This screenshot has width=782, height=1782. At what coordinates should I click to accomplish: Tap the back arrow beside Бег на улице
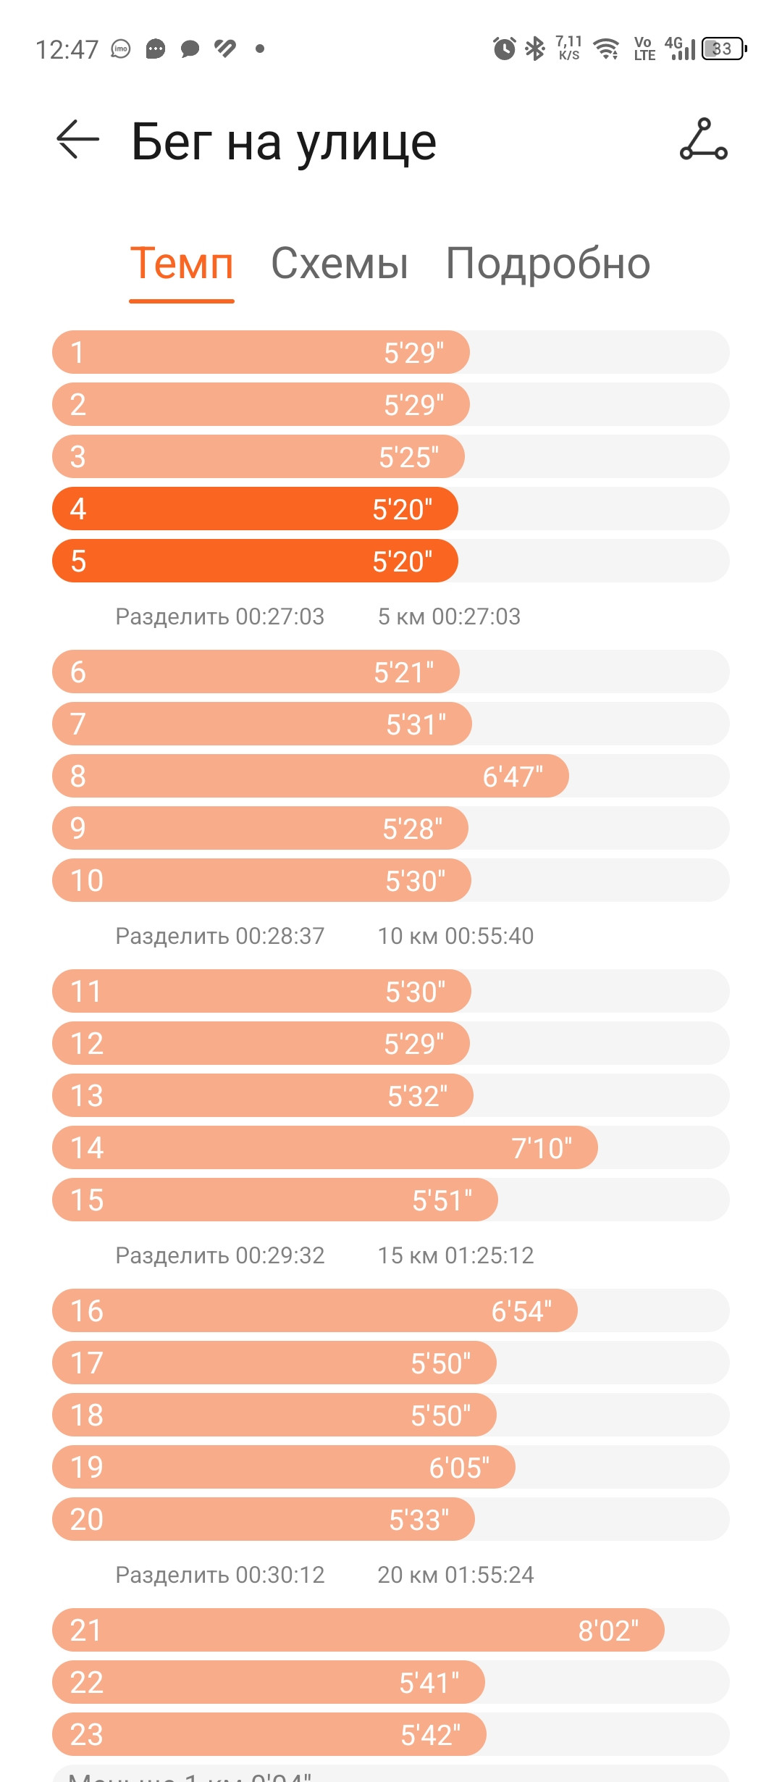77,139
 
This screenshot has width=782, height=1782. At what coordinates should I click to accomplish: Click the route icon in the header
703,139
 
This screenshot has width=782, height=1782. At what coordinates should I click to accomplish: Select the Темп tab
182,263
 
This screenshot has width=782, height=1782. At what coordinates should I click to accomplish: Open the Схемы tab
340,263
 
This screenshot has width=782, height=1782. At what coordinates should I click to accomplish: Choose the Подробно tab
548,264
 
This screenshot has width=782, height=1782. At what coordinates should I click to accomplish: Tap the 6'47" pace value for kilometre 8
513,777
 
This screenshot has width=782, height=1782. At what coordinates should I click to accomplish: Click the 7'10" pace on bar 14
542,1148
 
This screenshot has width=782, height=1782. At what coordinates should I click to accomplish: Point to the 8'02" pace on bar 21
608,1631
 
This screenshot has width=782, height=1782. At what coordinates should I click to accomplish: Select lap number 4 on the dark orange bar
78,509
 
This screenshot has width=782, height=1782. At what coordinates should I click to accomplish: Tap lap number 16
87,1311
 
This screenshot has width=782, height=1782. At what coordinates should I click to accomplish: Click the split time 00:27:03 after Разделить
280,616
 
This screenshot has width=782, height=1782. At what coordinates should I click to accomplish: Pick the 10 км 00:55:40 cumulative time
455,936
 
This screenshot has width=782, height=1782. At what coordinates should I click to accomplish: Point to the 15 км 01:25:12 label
455,1255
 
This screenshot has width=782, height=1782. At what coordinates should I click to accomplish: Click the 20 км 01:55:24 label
455,1575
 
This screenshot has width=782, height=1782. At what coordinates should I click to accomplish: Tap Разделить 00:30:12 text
220,1575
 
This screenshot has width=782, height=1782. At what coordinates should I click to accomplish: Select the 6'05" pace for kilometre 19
459,1468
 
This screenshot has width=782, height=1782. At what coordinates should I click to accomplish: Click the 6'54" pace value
521,1311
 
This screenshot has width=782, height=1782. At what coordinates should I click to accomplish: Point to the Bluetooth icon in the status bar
535,49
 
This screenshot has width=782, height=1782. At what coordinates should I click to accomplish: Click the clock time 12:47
67,49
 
